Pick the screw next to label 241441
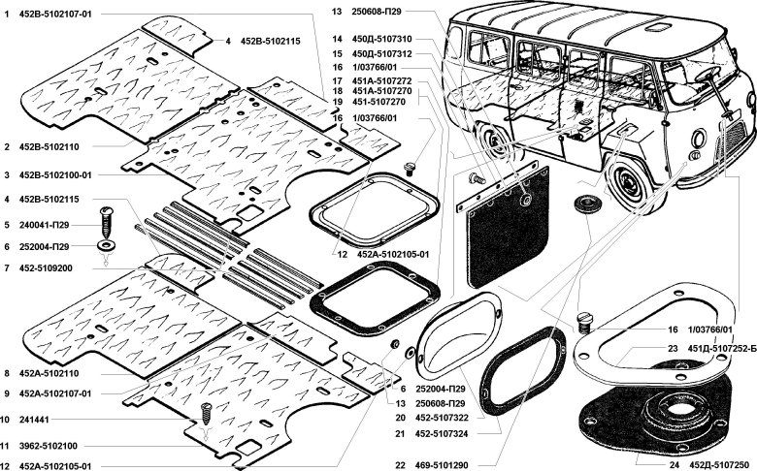click(205, 416)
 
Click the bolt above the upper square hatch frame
click(410, 167)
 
